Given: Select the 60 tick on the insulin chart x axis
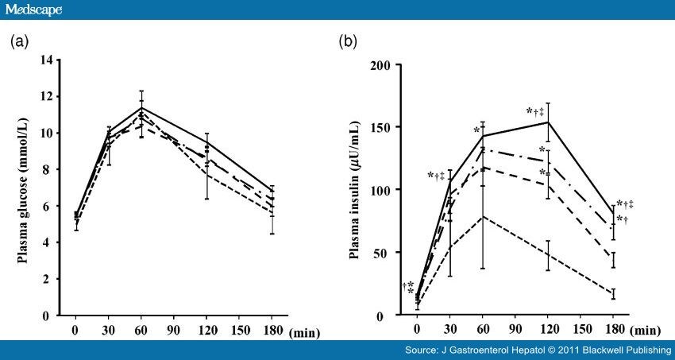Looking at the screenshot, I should click(x=481, y=329).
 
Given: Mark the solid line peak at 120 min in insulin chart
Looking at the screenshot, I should click(x=547, y=122).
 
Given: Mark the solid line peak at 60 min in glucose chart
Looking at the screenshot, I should click(x=141, y=107).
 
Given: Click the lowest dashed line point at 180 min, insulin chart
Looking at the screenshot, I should click(x=613, y=294).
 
